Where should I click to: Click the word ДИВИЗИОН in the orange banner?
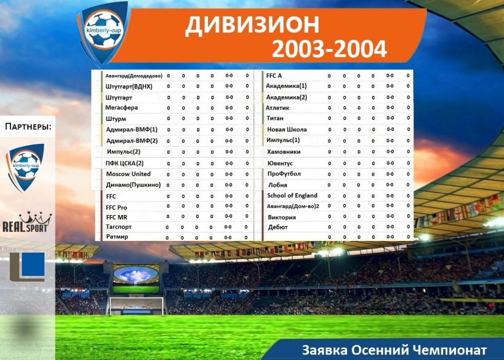coord(252,25)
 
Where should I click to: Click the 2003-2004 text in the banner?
coord(329,49)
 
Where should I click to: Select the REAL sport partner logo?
coord(27,222)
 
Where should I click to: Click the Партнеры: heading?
coord(28,126)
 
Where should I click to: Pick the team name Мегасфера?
coord(121,107)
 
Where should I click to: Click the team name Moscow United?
coord(128,174)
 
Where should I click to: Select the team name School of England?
coord(292,195)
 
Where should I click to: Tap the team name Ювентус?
coord(280,163)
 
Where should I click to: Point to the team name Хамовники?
coord(283,151)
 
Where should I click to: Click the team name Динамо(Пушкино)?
coord(133,185)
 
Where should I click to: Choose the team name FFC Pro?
coord(116,207)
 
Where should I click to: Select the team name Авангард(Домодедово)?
coord(134,76)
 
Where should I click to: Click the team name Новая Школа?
coord(286,129)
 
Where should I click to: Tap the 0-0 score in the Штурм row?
coord(229,118)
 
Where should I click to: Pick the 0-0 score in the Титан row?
coord(390,118)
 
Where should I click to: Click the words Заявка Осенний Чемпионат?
coord(394,349)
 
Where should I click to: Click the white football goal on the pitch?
coord(136,306)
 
